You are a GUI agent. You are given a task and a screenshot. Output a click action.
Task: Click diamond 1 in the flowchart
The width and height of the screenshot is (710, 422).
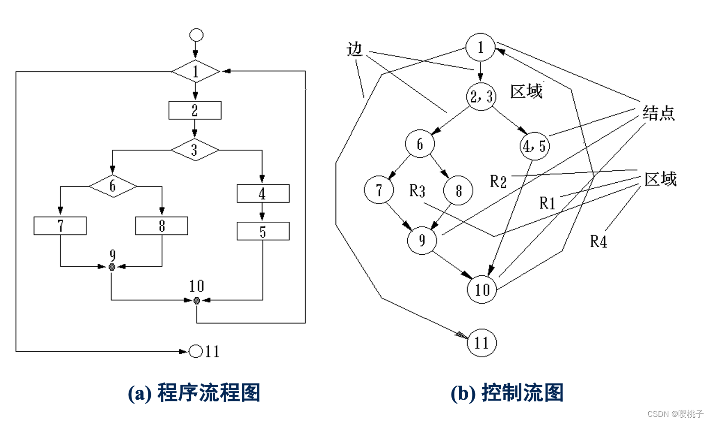196,71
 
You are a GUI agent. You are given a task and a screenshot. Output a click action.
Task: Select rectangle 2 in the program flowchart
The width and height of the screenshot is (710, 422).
195,110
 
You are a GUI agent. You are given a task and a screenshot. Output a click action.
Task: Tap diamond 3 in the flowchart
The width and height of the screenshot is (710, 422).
195,150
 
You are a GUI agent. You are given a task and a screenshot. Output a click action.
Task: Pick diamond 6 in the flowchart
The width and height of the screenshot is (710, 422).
113,186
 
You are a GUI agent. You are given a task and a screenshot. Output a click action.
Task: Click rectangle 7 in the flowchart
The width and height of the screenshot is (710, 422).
60,226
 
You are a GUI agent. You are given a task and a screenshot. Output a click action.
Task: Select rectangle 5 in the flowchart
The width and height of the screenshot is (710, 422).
263,231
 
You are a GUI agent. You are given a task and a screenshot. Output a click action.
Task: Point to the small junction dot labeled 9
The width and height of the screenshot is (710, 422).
112,267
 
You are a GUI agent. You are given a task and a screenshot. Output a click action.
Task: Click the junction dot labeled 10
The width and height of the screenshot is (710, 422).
197,301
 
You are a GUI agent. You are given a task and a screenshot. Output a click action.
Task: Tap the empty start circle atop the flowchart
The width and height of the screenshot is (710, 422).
196,35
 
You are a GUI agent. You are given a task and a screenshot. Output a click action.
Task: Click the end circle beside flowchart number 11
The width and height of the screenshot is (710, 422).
196,351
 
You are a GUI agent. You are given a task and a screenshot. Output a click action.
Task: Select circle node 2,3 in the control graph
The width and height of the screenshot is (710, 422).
481,96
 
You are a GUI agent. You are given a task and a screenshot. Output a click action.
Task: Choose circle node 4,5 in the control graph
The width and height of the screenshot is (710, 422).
534,146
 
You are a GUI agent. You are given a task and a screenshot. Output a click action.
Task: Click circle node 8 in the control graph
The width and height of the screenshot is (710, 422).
458,190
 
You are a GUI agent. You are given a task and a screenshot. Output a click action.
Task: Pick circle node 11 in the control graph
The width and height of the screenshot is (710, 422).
481,343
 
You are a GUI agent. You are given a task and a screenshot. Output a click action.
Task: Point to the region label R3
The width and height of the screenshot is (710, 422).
417,190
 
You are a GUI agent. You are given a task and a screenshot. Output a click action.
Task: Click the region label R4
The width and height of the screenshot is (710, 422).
599,241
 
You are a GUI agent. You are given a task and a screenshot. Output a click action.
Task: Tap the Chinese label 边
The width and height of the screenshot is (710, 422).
355,49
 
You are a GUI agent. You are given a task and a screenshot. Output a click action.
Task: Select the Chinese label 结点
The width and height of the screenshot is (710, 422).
659,113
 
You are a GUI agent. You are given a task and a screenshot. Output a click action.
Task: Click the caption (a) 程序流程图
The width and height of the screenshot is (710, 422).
194,392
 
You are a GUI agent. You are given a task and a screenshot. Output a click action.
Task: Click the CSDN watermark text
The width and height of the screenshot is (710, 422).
675,413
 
